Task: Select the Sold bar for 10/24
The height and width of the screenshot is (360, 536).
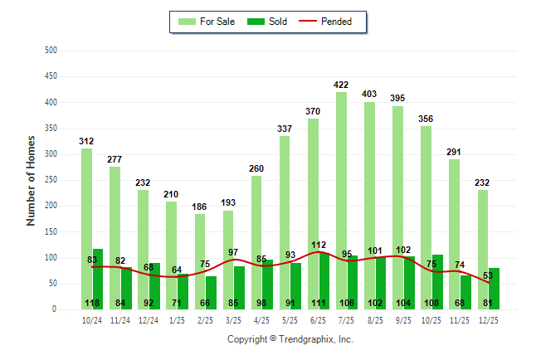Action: pyautogui.click(x=98, y=282)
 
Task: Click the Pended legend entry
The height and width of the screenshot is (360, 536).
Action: pyautogui.click(x=335, y=22)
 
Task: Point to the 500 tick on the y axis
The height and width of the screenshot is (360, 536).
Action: pyautogui.click(x=51, y=51)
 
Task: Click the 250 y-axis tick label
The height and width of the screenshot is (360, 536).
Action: pyautogui.click(x=51, y=180)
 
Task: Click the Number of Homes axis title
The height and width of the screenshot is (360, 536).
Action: pyautogui.click(x=32, y=180)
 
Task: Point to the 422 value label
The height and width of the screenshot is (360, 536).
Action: pyautogui.click(x=341, y=85)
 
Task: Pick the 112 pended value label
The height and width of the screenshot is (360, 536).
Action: pyautogui.click(x=318, y=245)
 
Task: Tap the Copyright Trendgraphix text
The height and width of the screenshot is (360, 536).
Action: pyautogui.click(x=290, y=339)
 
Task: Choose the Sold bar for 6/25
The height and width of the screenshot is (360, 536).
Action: pyautogui.click(x=324, y=281)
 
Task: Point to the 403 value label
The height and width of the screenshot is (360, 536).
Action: pyautogui.click(x=369, y=95)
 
